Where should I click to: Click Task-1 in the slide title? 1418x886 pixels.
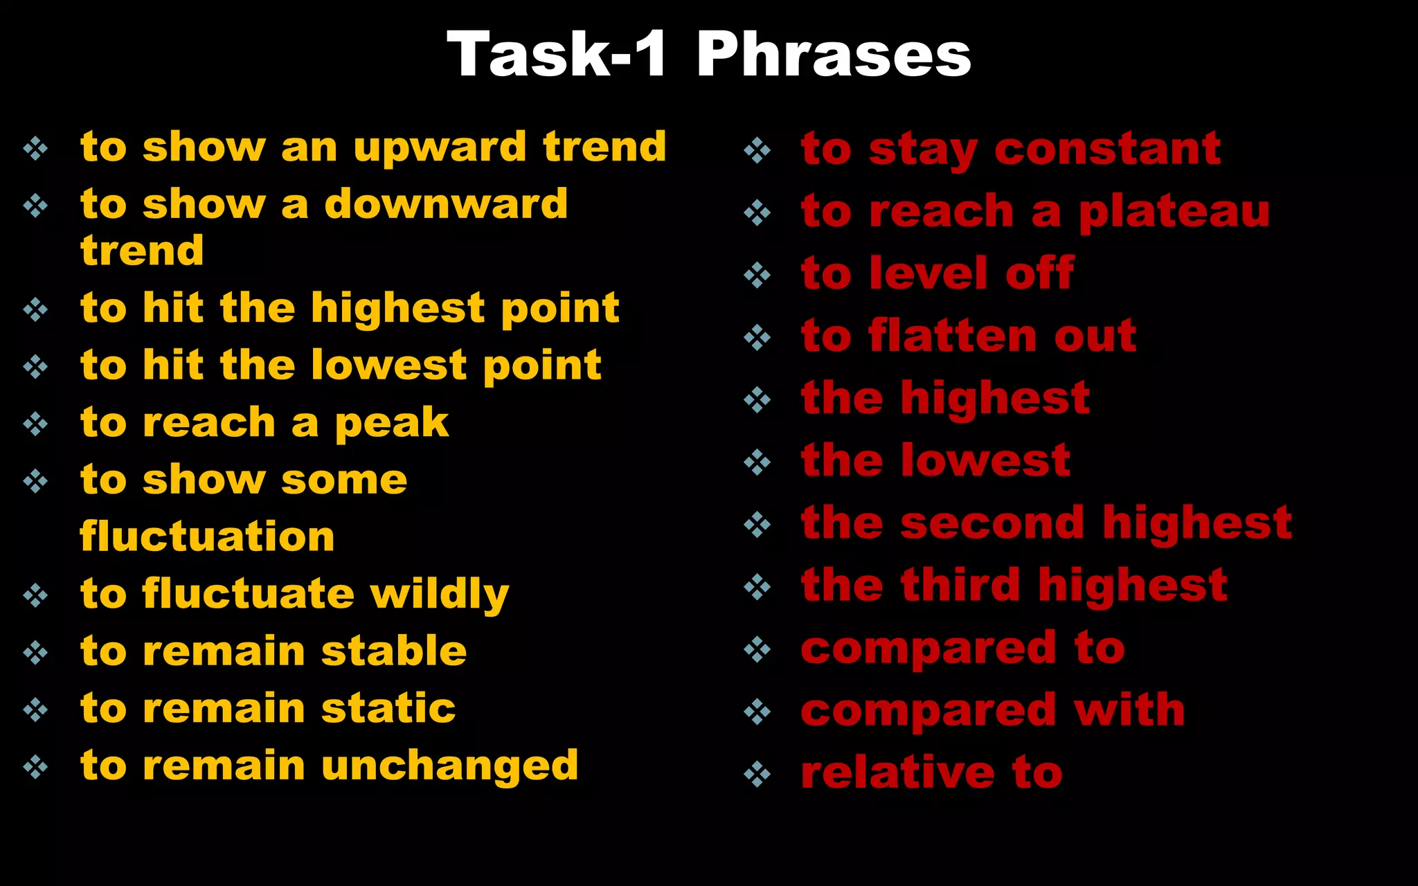(x=557, y=55)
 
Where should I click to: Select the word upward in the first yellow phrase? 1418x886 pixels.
(x=440, y=148)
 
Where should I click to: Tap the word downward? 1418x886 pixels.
(x=446, y=205)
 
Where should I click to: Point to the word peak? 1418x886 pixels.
(x=392, y=424)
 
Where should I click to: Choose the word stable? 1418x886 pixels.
(x=394, y=651)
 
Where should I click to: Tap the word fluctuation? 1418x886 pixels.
(x=207, y=537)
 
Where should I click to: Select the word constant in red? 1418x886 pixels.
(x=1107, y=149)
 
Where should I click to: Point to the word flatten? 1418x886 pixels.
(x=953, y=336)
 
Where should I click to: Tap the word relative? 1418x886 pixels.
(x=897, y=773)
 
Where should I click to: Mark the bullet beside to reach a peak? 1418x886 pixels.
(x=35, y=424)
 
